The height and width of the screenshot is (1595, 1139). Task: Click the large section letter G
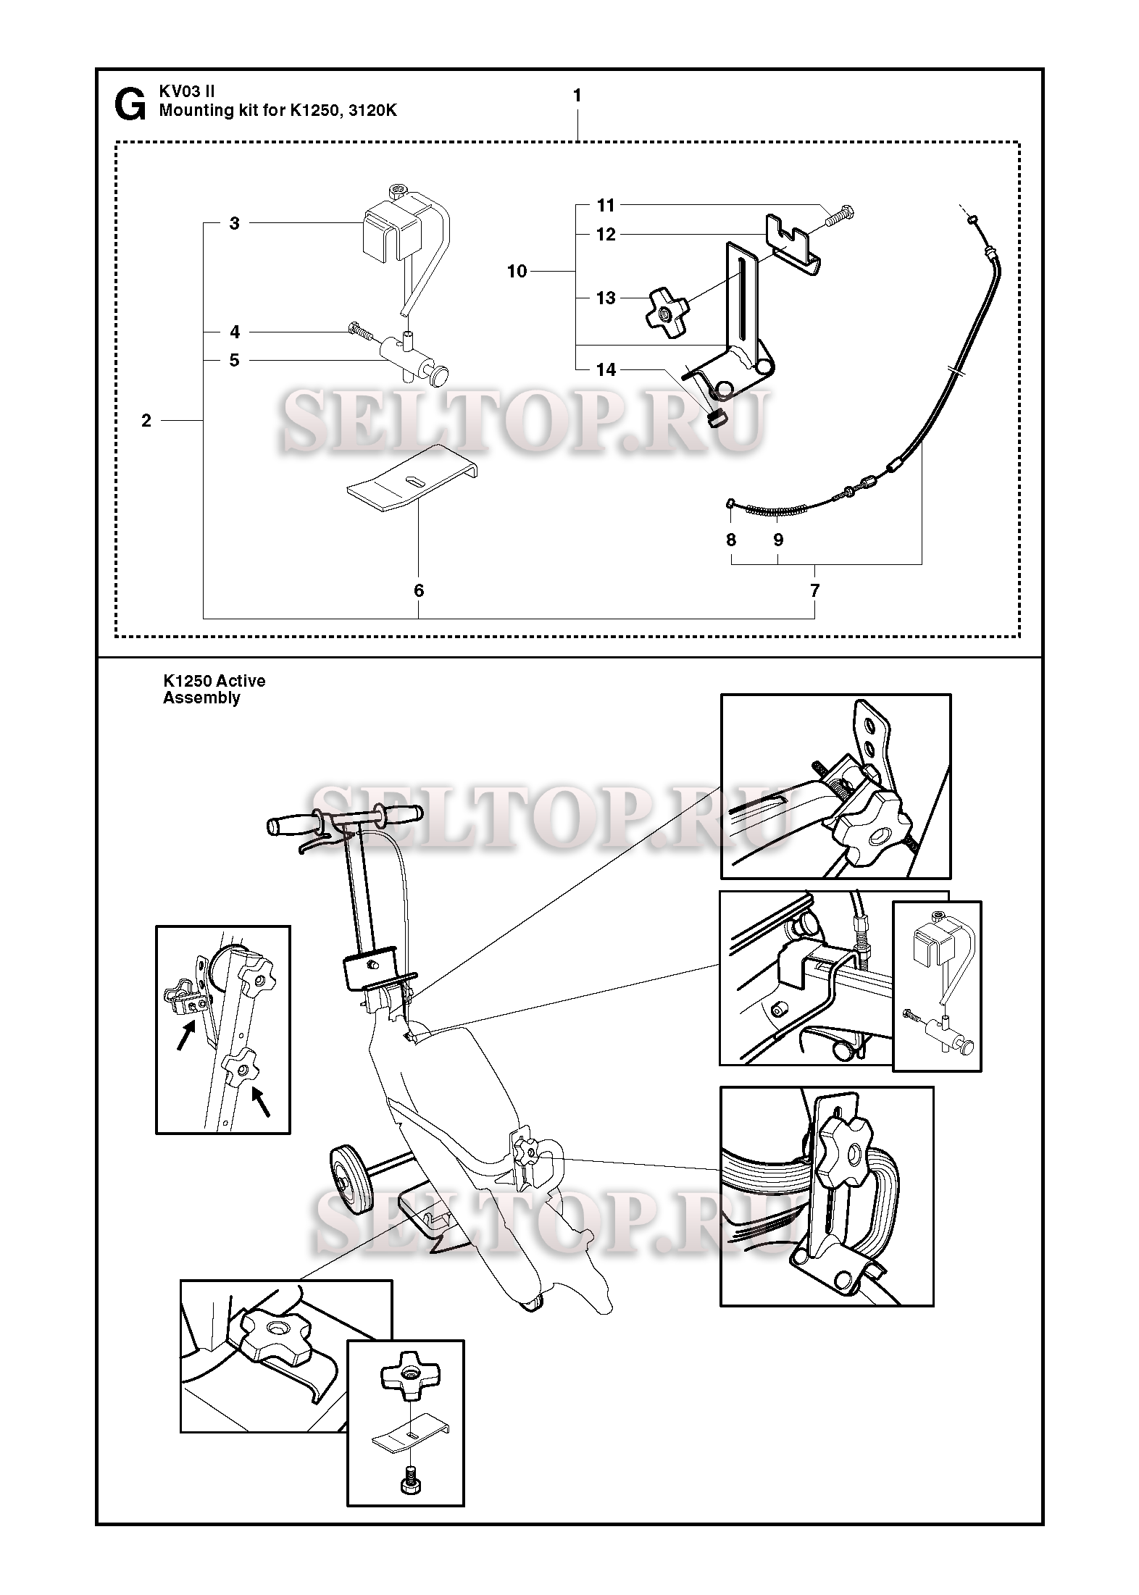click(x=130, y=105)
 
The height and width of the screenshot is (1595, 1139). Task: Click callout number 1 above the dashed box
click(x=577, y=96)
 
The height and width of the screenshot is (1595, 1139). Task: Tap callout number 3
click(x=234, y=223)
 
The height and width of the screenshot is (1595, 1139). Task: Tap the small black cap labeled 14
click(x=716, y=418)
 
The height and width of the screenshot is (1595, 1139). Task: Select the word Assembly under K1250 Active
click(x=201, y=698)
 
